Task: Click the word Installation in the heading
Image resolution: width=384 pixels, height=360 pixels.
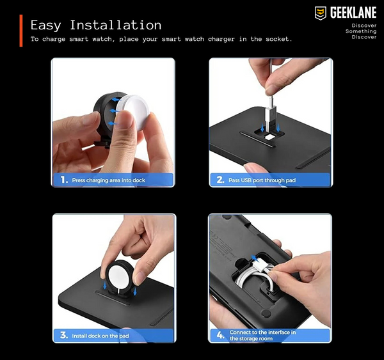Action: [x=116, y=25]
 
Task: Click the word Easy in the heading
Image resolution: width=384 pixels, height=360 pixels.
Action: [x=46, y=26]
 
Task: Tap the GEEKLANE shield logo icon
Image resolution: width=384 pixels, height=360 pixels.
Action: [x=321, y=13]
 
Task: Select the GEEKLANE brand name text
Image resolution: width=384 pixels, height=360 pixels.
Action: [x=353, y=13]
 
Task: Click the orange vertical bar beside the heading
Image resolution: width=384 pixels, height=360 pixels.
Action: [x=21, y=31]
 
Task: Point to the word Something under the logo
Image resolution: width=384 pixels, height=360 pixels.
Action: [x=361, y=31]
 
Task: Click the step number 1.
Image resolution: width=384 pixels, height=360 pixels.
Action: [x=64, y=180]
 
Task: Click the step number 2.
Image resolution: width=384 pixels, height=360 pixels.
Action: [x=220, y=180]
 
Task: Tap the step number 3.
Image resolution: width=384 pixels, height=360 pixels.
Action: [x=64, y=335]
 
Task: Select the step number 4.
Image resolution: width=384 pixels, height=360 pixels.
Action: [x=220, y=335]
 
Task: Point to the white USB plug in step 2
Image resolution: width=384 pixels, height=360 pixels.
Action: [x=269, y=111]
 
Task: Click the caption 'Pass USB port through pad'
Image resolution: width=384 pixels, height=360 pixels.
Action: [x=262, y=180]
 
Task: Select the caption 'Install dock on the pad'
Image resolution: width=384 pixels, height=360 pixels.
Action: [x=100, y=336]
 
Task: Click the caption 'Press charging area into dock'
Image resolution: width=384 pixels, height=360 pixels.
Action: [x=109, y=180]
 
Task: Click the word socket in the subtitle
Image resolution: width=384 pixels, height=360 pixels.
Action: [x=279, y=39]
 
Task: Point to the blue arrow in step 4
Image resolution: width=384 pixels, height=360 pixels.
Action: [x=255, y=258]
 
